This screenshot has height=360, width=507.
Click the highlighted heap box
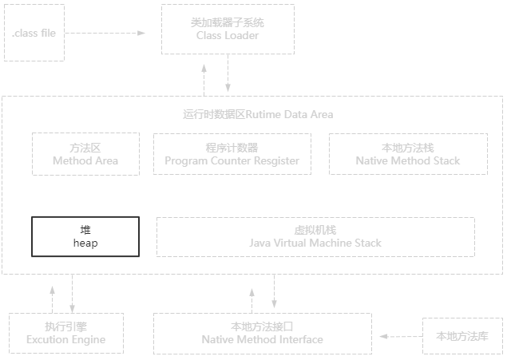coord(85,236)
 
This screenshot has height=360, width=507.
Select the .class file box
coord(34,34)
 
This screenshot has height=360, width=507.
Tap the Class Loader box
coord(228,30)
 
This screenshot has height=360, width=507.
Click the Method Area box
coord(85,154)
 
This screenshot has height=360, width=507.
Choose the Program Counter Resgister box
coord(232,154)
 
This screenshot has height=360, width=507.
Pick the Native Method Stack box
coord(408,154)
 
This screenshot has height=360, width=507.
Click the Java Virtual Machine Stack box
coord(315,236)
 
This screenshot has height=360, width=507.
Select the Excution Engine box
coord(65,333)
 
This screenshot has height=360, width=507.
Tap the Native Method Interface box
coord(262,333)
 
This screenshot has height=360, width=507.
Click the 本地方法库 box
coord(462,335)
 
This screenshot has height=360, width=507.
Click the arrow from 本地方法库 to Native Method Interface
coord(397,336)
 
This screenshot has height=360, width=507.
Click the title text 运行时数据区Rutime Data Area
coord(258,114)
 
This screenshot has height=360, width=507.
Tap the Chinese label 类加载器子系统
coord(228,22)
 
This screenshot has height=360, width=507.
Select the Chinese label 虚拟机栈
coord(315,230)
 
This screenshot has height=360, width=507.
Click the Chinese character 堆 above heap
coord(85,230)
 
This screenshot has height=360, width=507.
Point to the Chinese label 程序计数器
coord(232,148)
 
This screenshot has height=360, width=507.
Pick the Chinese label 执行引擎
coord(65,326)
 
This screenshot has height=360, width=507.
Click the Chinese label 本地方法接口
coord(262,326)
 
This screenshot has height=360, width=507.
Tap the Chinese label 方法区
coord(85,148)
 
